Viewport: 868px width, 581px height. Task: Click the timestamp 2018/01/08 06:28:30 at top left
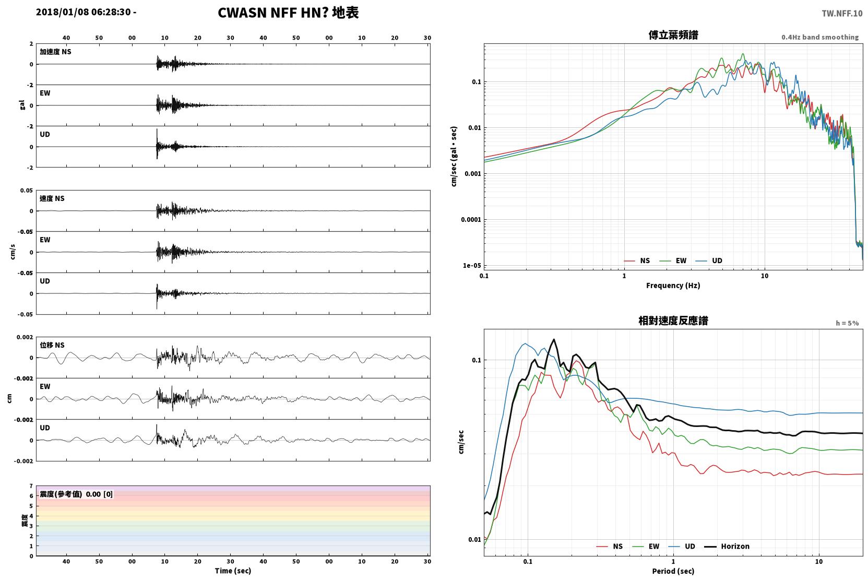coord(83,12)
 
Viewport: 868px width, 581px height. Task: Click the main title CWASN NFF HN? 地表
coord(288,13)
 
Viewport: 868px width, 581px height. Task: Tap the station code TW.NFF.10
coord(842,14)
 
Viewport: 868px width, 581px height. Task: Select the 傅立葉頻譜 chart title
coord(673,35)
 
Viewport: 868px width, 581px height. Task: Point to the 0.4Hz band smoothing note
coord(820,37)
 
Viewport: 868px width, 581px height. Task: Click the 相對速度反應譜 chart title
coord(673,321)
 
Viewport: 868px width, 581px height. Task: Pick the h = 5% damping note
coord(847,323)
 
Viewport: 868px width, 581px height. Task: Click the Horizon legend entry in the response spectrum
coord(727,547)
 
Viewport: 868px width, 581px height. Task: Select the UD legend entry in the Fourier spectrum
coord(709,261)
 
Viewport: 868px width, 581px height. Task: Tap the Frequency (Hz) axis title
coord(673,286)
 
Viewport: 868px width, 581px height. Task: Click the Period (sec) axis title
coord(673,571)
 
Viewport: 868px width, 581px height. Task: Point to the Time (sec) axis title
coord(233,571)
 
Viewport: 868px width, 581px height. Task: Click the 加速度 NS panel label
coord(55,52)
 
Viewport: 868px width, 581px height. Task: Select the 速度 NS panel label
coord(52,199)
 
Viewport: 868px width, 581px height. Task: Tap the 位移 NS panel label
coord(52,346)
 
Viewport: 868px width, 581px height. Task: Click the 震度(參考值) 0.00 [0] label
coord(76,494)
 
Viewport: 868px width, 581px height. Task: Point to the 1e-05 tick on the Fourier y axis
coord(472,266)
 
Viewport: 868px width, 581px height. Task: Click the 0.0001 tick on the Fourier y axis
coord(471,220)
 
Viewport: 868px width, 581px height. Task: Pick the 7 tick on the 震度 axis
coord(31,486)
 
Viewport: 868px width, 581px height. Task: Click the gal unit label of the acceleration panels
coord(22,105)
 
